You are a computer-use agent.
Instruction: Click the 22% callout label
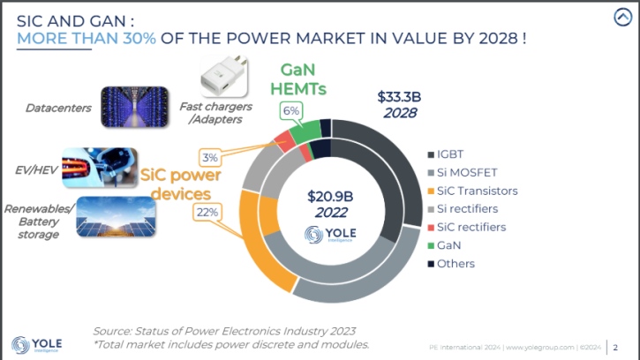[208, 212]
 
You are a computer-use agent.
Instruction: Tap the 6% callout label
[290, 110]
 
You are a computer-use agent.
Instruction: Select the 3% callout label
[209, 157]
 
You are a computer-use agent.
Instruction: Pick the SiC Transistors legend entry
[472, 190]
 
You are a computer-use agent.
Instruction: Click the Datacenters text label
[58, 108]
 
